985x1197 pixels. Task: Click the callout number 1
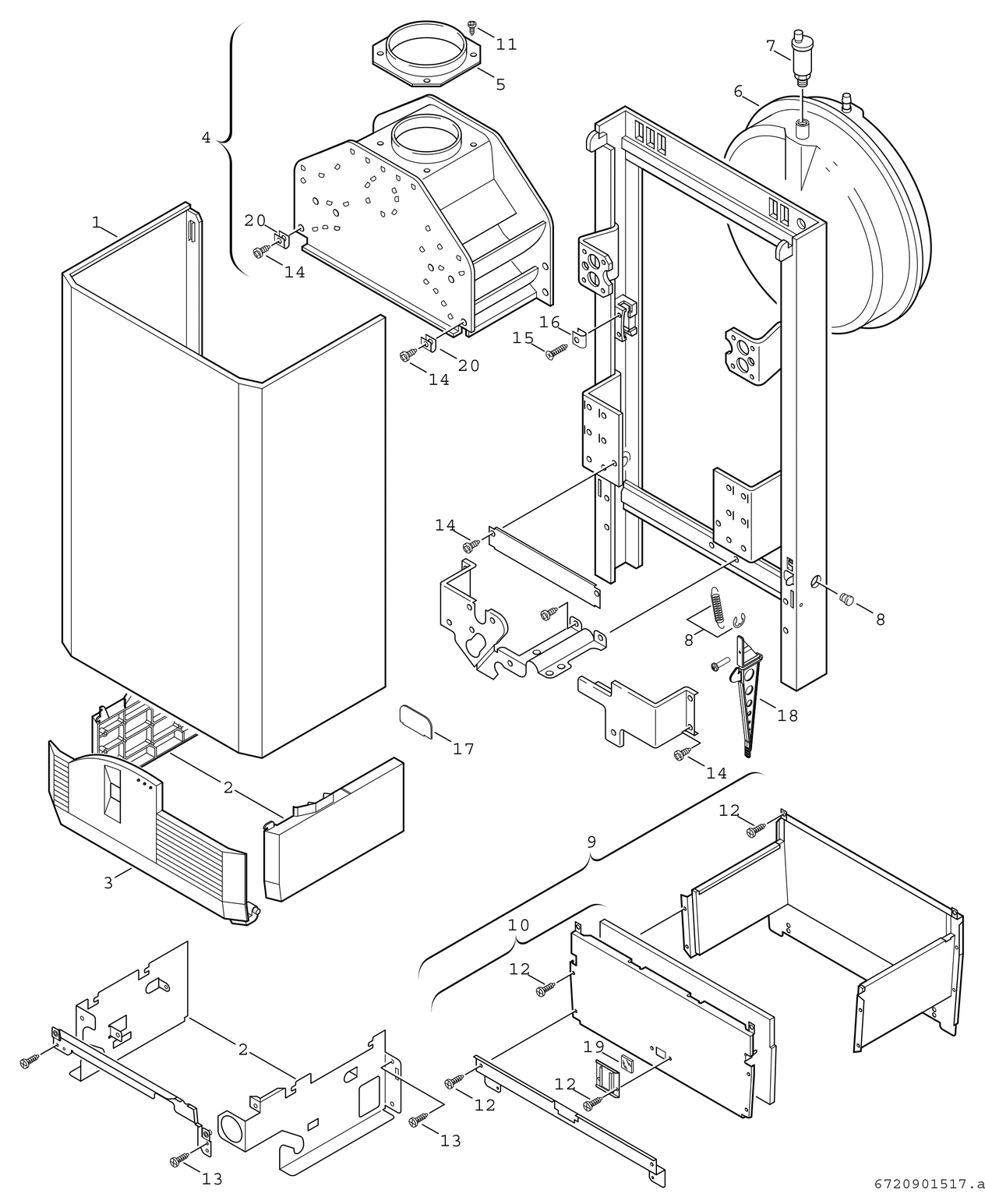pyautogui.click(x=96, y=222)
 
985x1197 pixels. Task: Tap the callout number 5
pyautogui.click(x=500, y=84)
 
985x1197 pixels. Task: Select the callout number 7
pyautogui.click(x=771, y=46)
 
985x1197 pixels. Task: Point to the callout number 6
pyautogui.click(x=737, y=90)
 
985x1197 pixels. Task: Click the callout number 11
pyautogui.click(x=507, y=44)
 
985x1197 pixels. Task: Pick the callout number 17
pyautogui.click(x=464, y=749)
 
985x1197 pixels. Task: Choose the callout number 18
pyautogui.click(x=788, y=715)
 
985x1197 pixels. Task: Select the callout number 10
pyautogui.click(x=518, y=925)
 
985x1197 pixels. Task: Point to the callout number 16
pyautogui.click(x=549, y=322)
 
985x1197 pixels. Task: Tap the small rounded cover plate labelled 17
pyautogui.click(x=415, y=719)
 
